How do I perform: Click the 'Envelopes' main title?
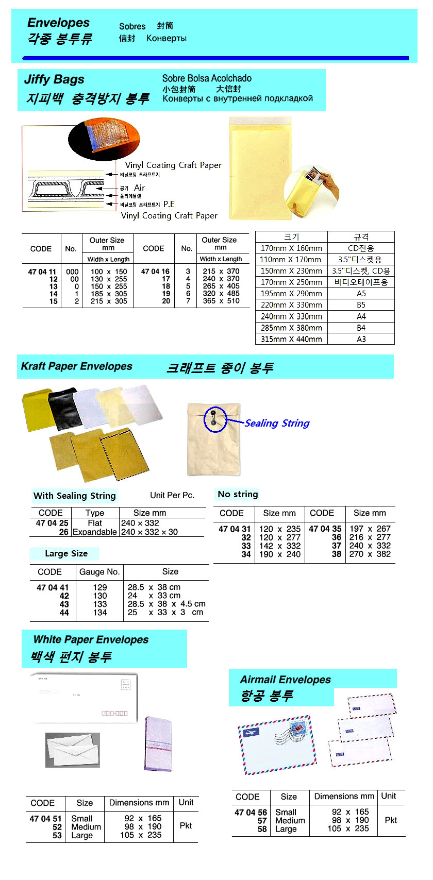[x=58, y=23]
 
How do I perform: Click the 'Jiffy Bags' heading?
[x=54, y=79]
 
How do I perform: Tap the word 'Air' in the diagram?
[x=139, y=188]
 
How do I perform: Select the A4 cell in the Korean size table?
[x=361, y=316]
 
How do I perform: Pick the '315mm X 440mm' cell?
[x=291, y=339]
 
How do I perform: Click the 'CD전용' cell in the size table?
[x=361, y=248]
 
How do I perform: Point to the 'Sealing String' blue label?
[x=277, y=424]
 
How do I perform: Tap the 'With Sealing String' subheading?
[x=74, y=496]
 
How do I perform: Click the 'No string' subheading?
[x=238, y=494]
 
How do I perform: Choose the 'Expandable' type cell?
[x=95, y=532]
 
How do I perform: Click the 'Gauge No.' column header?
[x=99, y=572]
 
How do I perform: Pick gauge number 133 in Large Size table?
[x=100, y=604]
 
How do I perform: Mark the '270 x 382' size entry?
[x=370, y=554]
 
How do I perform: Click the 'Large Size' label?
[x=66, y=554]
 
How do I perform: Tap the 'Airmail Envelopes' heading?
[x=285, y=680]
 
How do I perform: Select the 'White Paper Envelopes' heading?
[x=91, y=640]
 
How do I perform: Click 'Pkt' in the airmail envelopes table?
[x=391, y=820]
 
